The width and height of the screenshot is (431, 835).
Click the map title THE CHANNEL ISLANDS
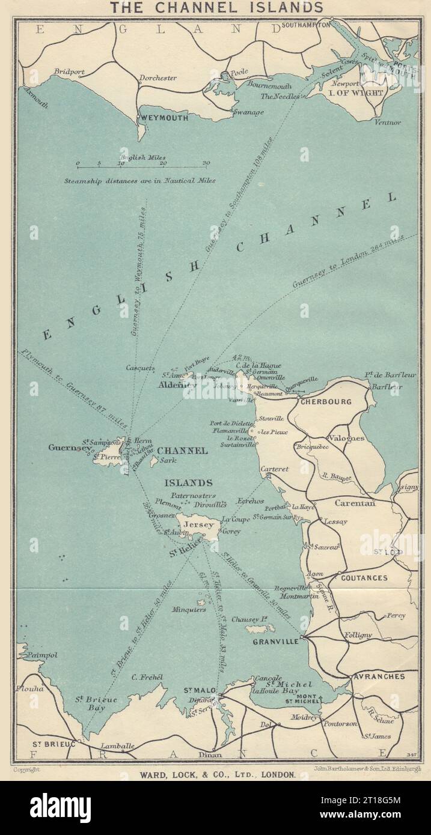215,7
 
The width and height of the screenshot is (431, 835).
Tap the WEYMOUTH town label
164,118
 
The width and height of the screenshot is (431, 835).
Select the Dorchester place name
157,78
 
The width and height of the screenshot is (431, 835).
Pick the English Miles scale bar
141,163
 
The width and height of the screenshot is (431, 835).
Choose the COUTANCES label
364,578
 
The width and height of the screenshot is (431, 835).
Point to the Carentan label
355,503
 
